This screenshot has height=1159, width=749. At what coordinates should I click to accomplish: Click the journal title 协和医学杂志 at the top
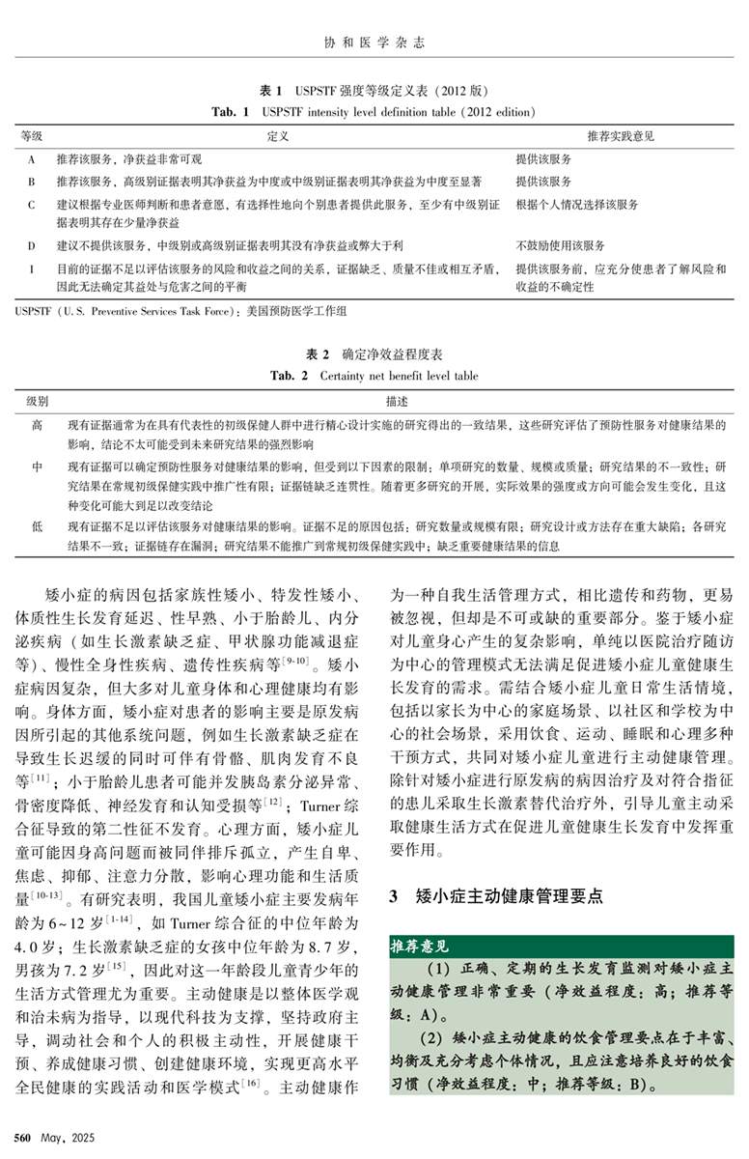coord(373,42)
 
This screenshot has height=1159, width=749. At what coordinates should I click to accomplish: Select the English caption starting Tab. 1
coord(374,112)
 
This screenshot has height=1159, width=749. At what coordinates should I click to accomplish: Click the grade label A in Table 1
coord(32,158)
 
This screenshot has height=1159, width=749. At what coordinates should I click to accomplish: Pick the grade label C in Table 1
coord(32,205)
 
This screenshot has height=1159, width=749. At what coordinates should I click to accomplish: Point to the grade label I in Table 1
coord(32,269)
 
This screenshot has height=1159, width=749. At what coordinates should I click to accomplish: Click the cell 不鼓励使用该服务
coord(561,246)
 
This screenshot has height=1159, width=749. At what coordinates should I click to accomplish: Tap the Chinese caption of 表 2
coord(374,355)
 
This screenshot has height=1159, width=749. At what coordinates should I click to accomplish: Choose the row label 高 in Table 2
coord(37,424)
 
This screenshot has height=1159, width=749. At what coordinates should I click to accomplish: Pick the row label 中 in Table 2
coord(37,466)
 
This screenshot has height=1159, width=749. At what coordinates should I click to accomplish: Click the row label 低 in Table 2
coord(37,526)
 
